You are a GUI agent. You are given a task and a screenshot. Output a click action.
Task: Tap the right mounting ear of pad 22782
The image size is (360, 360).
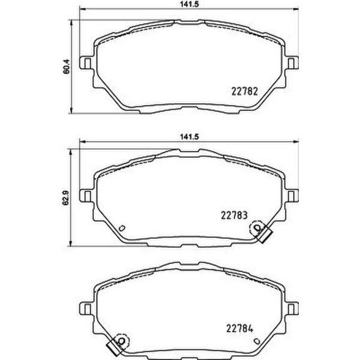pyautogui.click(x=293, y=62)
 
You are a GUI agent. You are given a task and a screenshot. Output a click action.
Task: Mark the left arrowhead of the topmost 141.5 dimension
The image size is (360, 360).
pyautogui.click(x=83, y=11)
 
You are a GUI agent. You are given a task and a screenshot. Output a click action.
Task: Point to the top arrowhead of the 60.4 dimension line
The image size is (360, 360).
pyautogui.click(x=73, y=20)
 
